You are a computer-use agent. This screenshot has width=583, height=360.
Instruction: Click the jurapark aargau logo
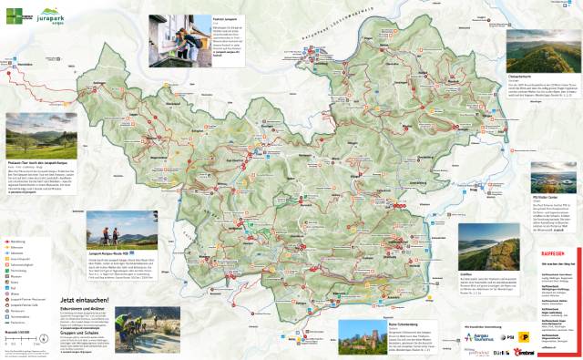[55, 15]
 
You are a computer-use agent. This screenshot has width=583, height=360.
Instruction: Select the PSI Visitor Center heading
[546, 194]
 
